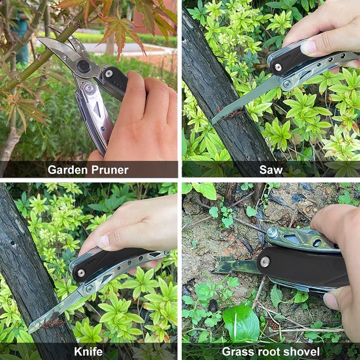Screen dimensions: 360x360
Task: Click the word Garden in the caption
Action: [68, 170]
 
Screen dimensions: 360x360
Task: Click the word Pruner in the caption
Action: [110, 170]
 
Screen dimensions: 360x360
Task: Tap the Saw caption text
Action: [271, 170]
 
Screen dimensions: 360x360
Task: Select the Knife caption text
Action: [88, 351]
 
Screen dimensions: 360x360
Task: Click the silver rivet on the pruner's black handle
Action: [109, 74]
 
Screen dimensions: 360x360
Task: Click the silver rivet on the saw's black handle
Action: [278, 67]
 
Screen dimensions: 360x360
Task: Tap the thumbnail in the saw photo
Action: [309, 47]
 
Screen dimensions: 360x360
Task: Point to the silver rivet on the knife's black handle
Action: [81, 273]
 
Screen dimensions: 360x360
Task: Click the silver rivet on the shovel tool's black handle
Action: [265, 262]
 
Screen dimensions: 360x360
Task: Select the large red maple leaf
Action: [121, 30]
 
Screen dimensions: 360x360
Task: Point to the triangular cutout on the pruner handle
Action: [97, 108]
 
